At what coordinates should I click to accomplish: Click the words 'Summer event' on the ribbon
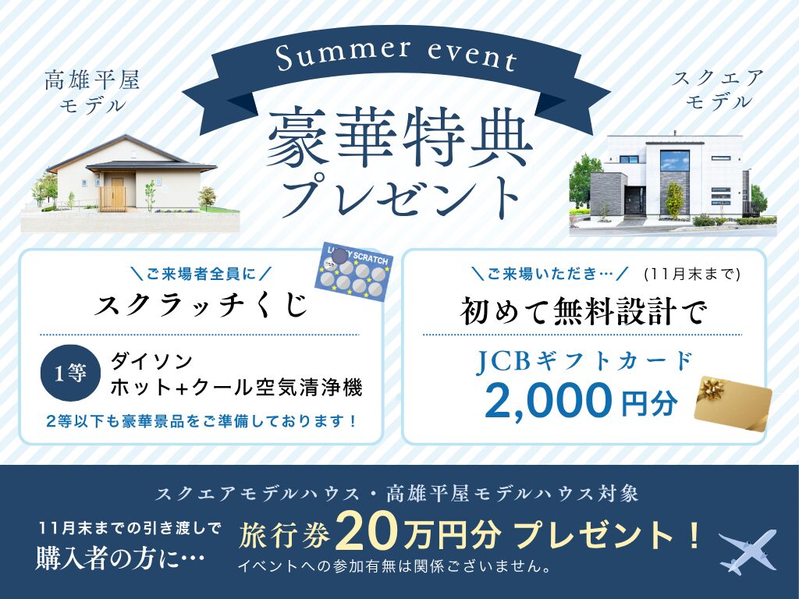tap(396, 55)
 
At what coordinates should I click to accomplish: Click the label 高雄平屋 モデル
tap(92, 93)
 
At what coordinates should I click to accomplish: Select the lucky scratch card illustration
tap(355, 272)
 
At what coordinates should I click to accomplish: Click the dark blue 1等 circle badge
tap(70, 374)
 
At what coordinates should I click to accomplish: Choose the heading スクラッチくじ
tap(201, 306)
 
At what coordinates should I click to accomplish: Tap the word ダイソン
tap(152, 361)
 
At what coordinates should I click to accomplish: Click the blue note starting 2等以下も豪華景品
tap(201, 421)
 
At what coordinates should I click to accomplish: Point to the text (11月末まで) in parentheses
tap(691, 274)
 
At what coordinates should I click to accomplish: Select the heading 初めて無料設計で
tap(584, 311)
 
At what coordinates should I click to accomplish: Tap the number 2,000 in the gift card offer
tap(548, 400)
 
